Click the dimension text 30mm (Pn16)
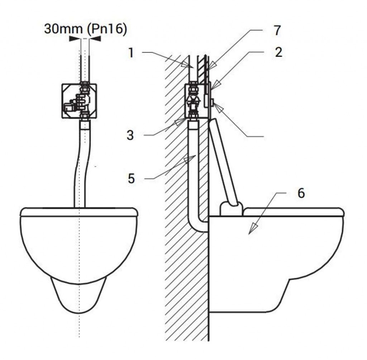tap(85, 29)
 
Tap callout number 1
tap(131, 53)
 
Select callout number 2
tap(278, 52)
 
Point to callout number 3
tap(130, 135)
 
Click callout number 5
tap(131, 179)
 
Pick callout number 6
tap(301, 194)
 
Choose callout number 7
tap(277, 30)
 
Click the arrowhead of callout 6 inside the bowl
tap(253, 229)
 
